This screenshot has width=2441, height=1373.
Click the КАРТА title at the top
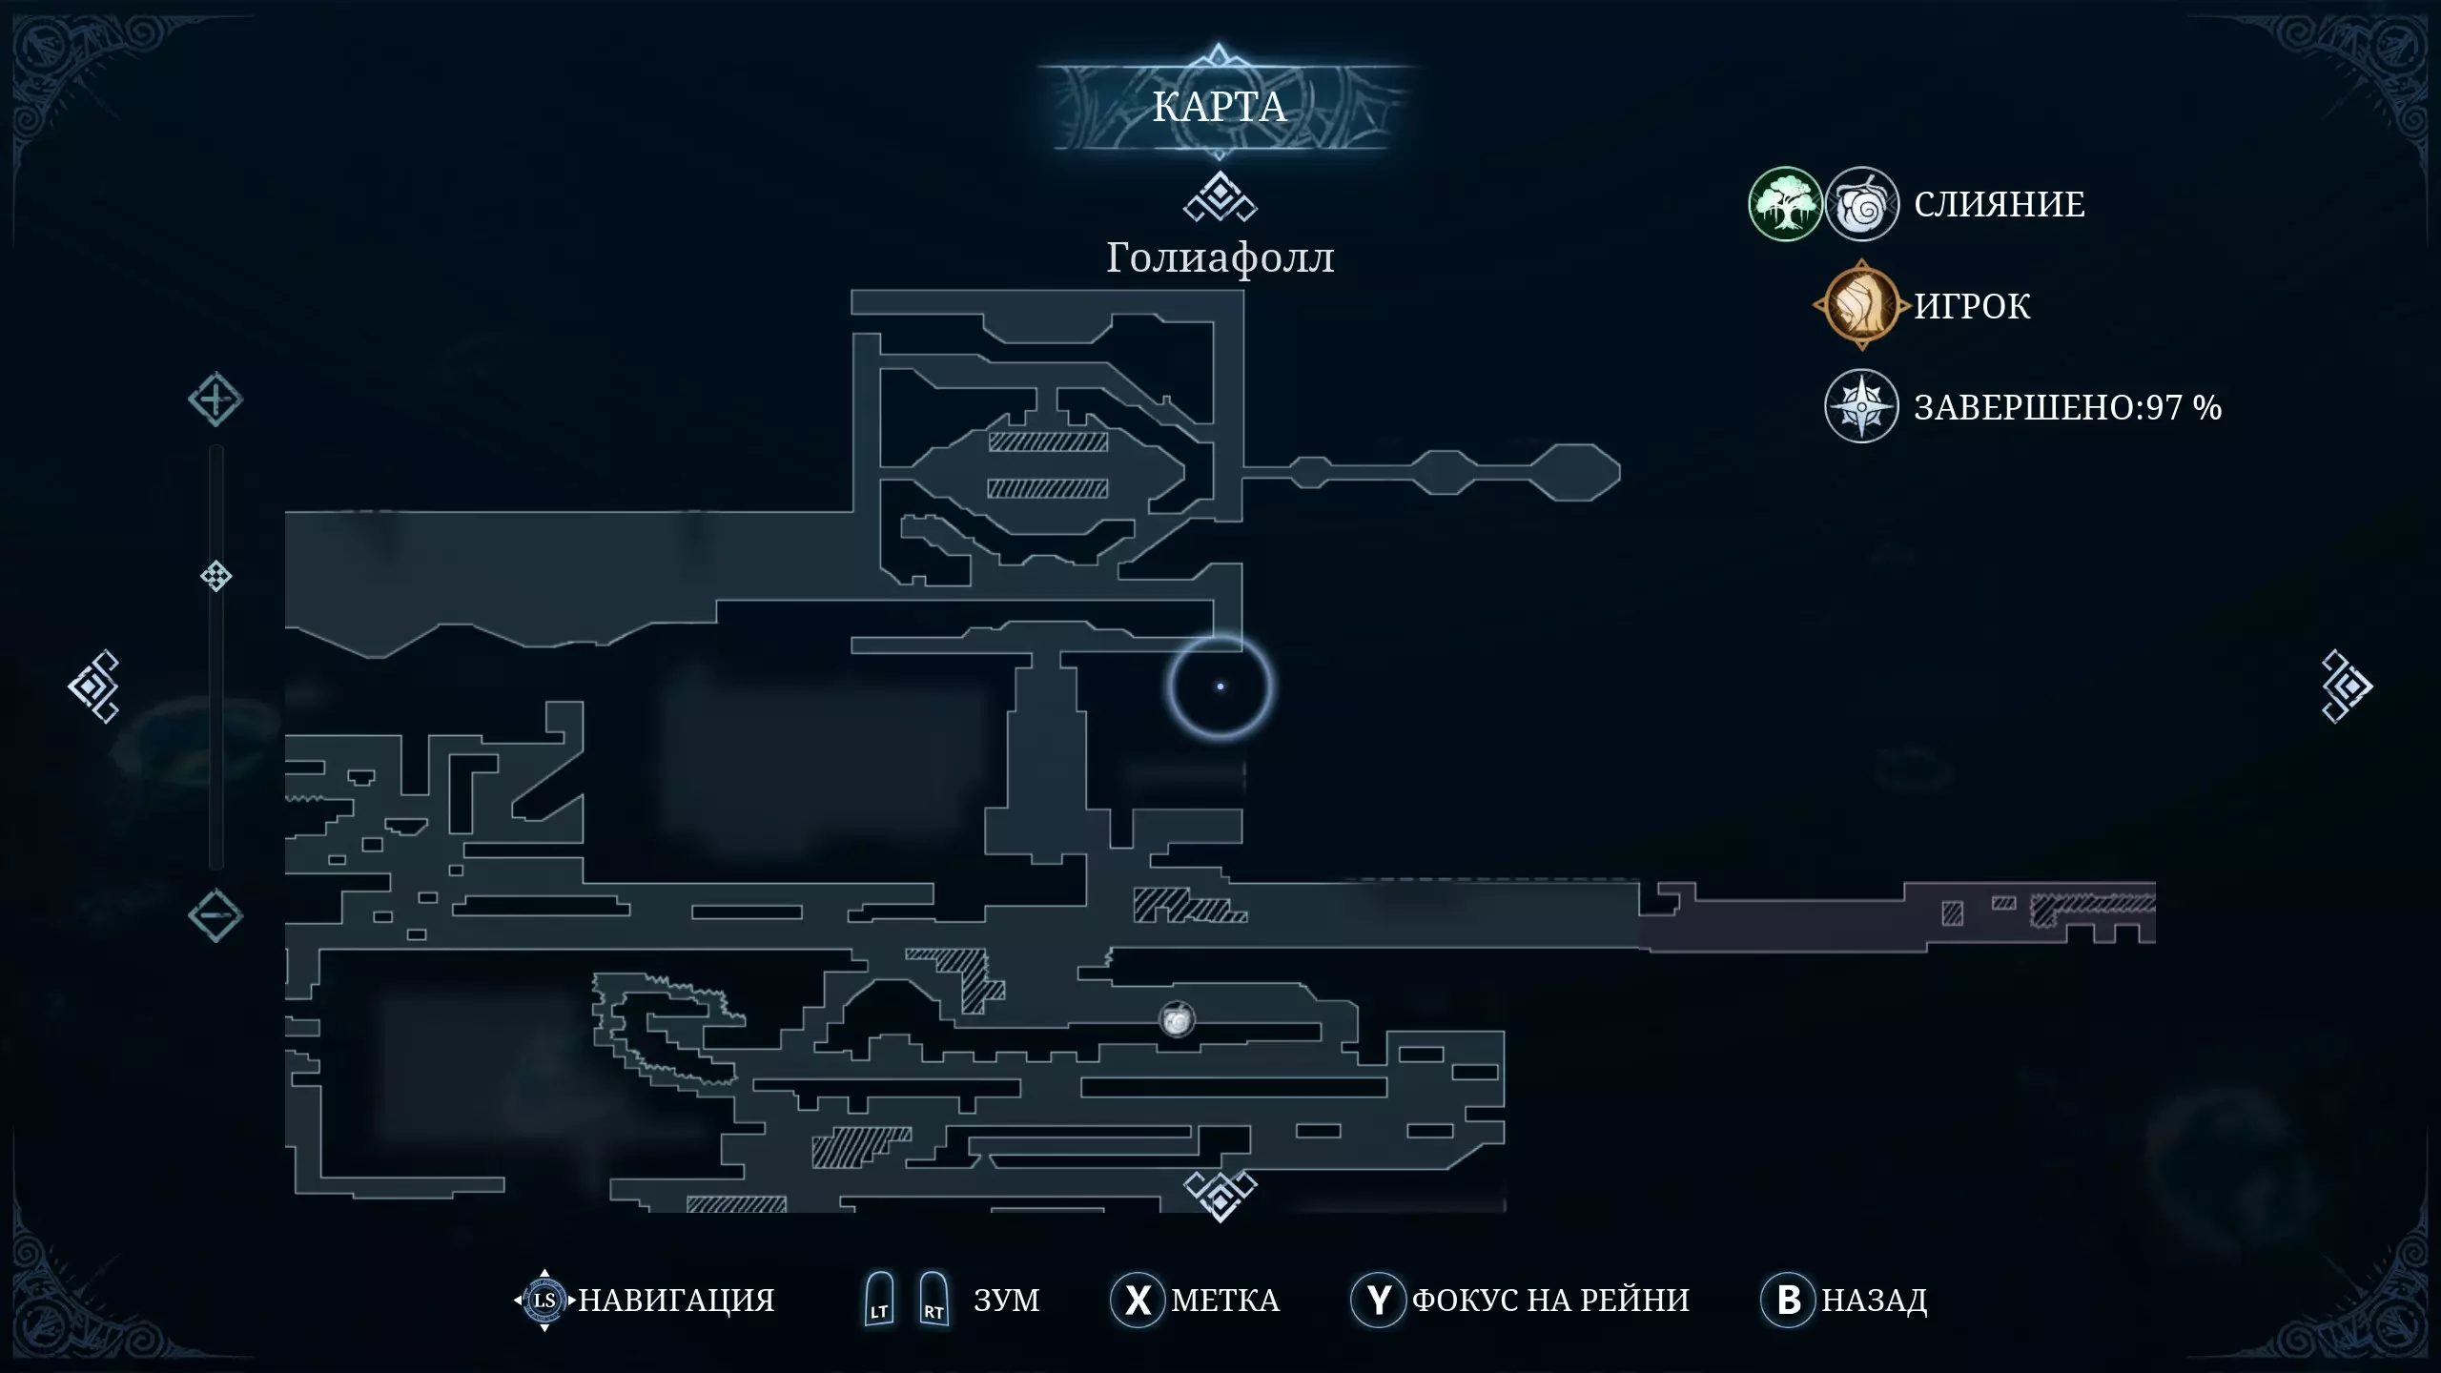[1220, 107]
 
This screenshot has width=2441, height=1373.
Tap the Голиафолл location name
[1220, 257]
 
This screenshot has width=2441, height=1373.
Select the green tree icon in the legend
[1785, 204]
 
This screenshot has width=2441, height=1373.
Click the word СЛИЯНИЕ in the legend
[2000, 204]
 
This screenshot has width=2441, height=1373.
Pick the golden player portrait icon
[1861, 305]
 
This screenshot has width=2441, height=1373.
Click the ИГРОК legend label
[1972, 306]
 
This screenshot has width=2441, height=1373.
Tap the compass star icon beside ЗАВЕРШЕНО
[1861, 407]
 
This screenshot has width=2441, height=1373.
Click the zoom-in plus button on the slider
[215, 400]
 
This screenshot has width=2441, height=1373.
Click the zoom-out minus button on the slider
[215, 915]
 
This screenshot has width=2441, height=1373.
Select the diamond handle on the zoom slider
[216, 576]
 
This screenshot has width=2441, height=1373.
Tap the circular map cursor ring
[1220, 686]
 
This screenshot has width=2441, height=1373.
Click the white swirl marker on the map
[1178, 1020]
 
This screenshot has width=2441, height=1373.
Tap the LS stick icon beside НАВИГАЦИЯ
[544, 1300]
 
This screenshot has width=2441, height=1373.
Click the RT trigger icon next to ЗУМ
[933, 1299]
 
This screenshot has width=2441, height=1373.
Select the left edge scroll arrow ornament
[93, 686]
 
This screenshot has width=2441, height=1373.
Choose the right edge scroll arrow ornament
[2347, 686]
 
